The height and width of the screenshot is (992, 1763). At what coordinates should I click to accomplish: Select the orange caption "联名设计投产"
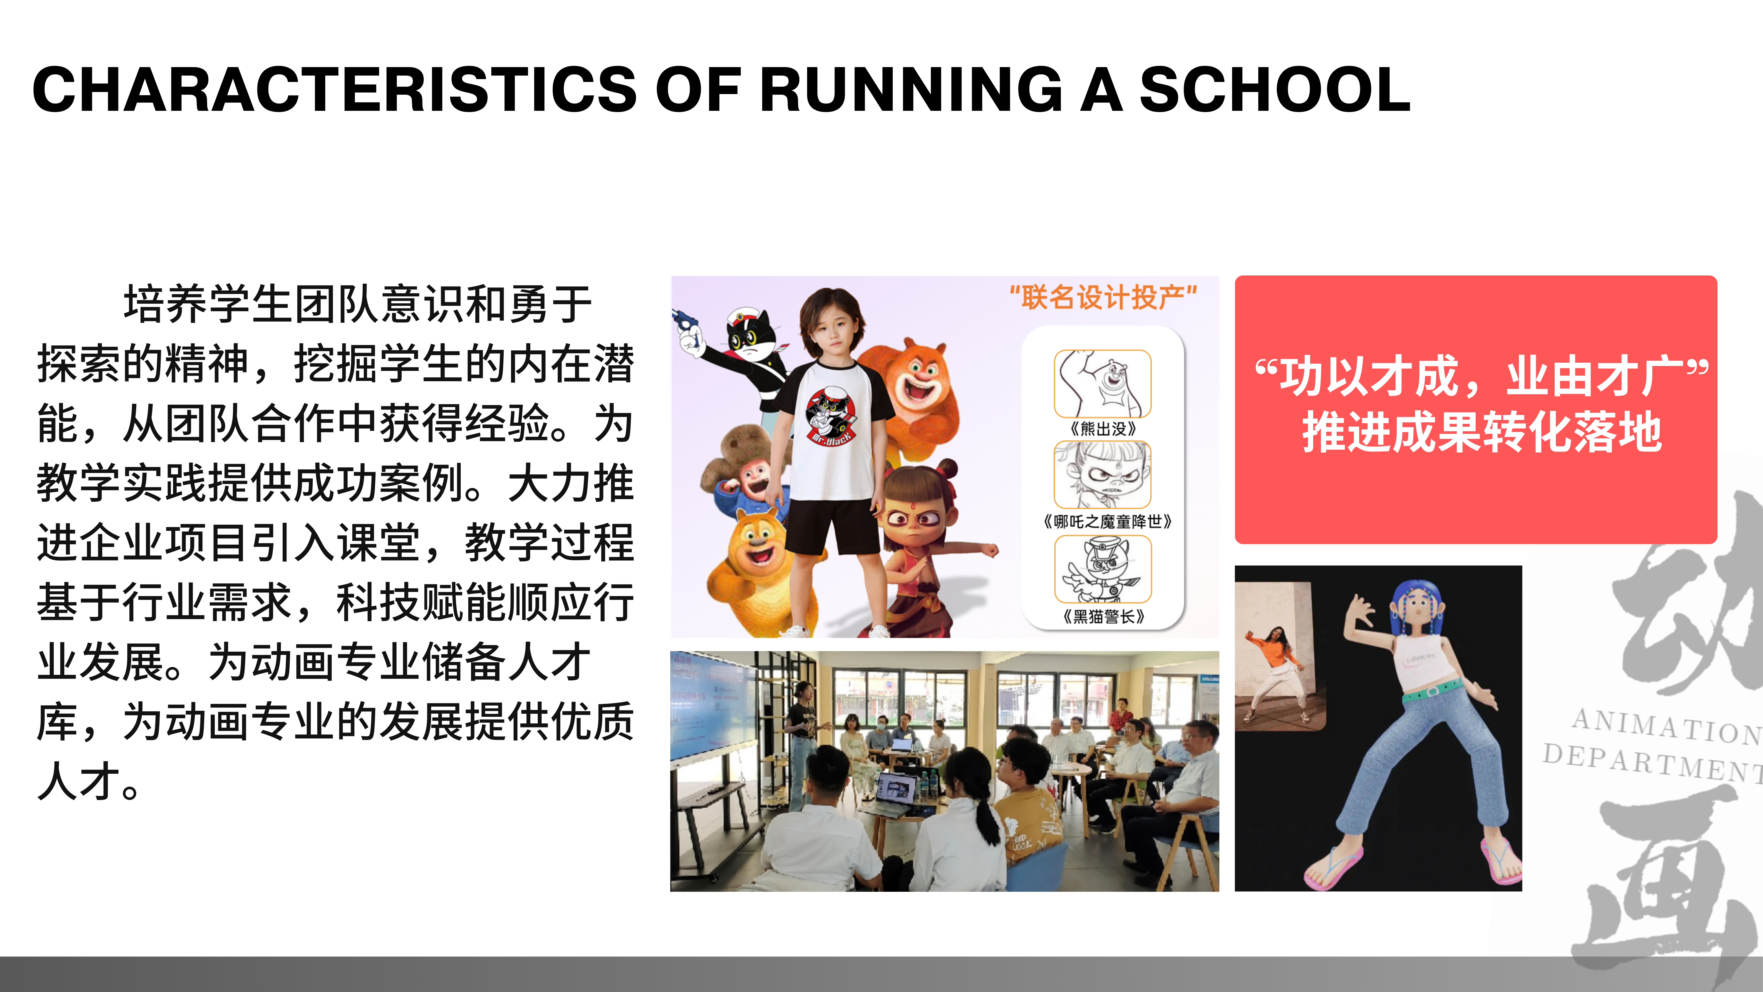click(1103, 297)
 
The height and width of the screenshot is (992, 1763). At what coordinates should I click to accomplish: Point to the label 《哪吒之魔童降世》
click(1107, 522)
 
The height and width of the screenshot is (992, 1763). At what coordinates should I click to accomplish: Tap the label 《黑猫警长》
click(1103, 616)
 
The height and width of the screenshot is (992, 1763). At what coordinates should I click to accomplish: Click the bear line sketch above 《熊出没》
click(1102, 383)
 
